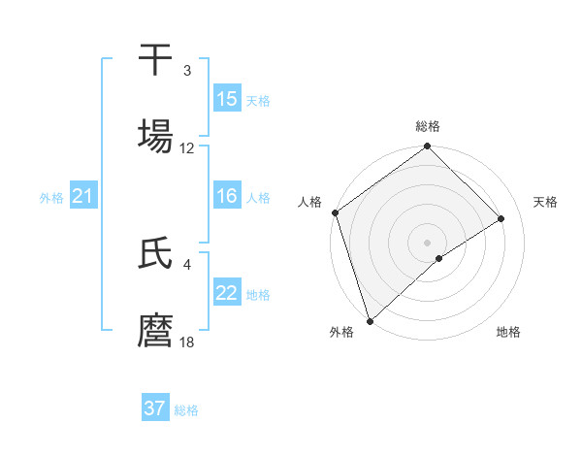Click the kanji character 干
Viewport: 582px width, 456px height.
pyautogui.click(x=155, y=60)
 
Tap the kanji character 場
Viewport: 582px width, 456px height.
pyautogui.click(x=155, y=137)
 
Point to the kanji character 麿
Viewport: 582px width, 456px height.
pyautogui.click(x=155, y=331)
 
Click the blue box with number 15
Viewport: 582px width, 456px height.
pyautogui.click(x=227, y=98)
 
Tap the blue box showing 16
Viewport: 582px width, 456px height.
pyautogui.click(x=227, y=196)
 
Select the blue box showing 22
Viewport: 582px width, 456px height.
pyautogui.click(x=227, y=293)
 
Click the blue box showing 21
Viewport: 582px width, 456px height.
pyautogui.click(x=83, y=197)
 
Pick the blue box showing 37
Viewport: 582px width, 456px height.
pyautogui.click(x=155, y=408)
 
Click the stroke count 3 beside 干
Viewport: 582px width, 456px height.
pyautogui.click(x=187, y=72)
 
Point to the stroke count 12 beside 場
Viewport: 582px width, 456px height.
pyautogui.click(x=187, y=148)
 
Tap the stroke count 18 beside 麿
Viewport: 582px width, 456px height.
pyautogui.click(x=187, y=342)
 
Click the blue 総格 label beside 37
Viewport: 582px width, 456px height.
pyautogui.click(x=186, y=410)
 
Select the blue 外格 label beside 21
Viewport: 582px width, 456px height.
pyautogui.click(x=51, y=198)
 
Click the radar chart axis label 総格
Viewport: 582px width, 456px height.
pyautogui.click(x=428, y=126)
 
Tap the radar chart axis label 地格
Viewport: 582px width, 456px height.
pyautogui.click(x=508, y=332)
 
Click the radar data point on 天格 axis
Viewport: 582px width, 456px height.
pyautogui.click(x=501, y=218)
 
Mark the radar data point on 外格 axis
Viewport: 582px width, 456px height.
pyautogui.click(x=369, y=320)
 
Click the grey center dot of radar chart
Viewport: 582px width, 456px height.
pyautogui.click(x=428, y=242)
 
